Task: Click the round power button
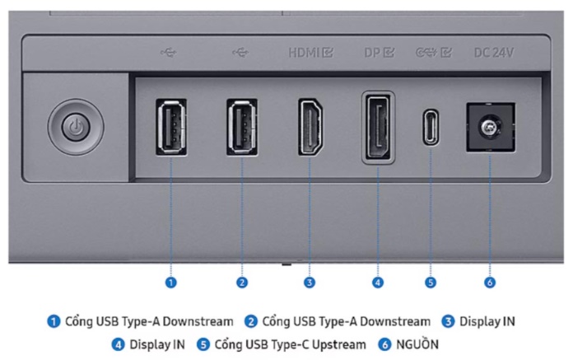pyautogui.click(x=76, y=127)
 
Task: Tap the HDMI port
pyautogui.click(x=310, y=127)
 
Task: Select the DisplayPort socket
pyautogui.click(x=378, y=127)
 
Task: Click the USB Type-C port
pyautogui.click(x=431, y=127)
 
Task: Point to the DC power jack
pyautogui.click(x=491, y=127)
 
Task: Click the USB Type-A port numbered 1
pyautogui.click(x=171, y=127)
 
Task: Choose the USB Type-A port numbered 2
pyautogui.click(x=241, y=127)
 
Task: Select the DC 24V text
pyautogui.click(x=494, y=53)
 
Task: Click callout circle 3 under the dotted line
pyautogui.click(x=310, y=283)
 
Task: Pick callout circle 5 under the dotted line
pyautogui.click(x=431, y=283)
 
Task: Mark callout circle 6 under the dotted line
pyautogui.click(x=490, y=283)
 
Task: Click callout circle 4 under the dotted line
pyautogui.click(x=378, y=283)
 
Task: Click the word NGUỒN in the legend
pyautogui.click(x=417, y=344)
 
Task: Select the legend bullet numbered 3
pyautogui.click(x=448, y=321)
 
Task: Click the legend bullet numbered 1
pyautogui.click(x=54, y=321)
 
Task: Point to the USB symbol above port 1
pyautogui.click(x=169, y=53)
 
